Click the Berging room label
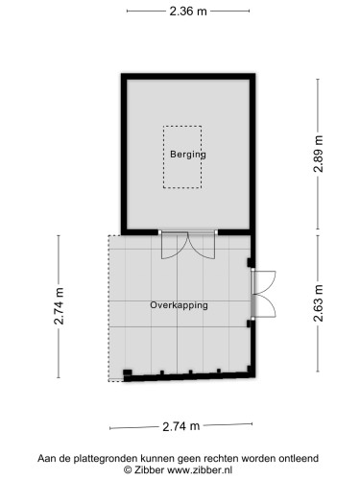[x=188, y=154]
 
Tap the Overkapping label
[x=179, y=304]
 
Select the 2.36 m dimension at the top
[x=188, y=12]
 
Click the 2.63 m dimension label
[x=318, y=304]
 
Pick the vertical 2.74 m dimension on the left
[x=60, y=304]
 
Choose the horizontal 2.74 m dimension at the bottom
[x=180, y=426]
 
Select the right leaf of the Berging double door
[x=204, y=246]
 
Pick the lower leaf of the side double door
[x=265, y=306]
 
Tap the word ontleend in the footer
[x=297, y=459]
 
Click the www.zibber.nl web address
[x=203, y=470]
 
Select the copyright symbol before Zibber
[x=128, y=470]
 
